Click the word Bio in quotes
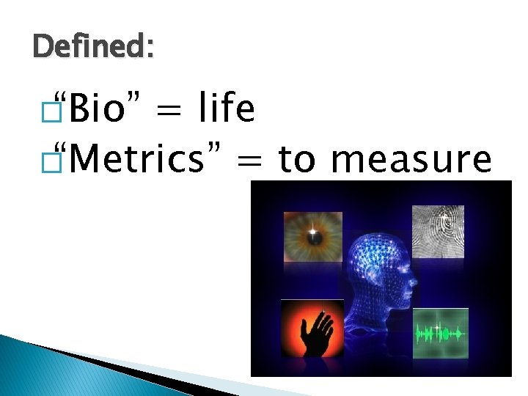(x=99, y=111)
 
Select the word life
(x=227, y=110)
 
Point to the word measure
(x=411, y=158)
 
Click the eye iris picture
(x=313, y=237)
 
